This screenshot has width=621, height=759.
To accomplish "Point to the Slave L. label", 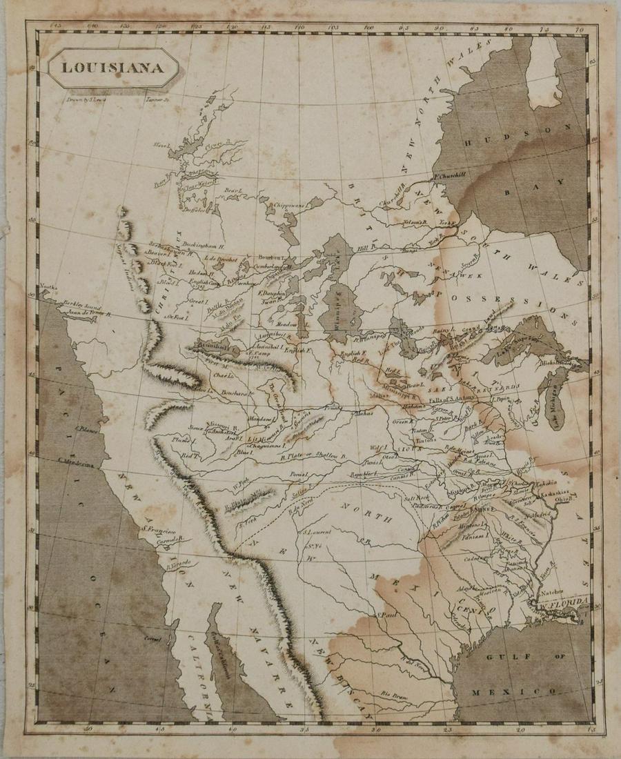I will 162,146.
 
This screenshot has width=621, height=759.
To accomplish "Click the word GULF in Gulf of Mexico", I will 501,658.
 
